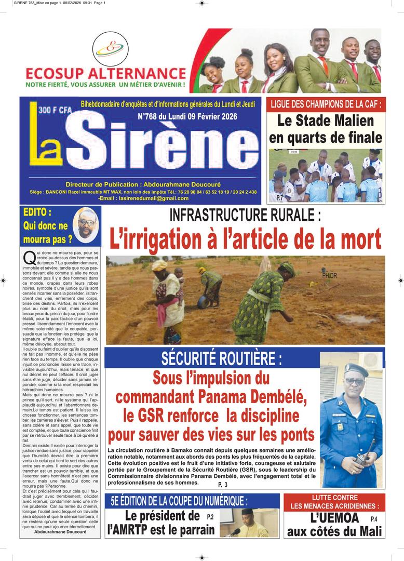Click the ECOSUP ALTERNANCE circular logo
(x=109, y=49)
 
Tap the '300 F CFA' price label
(x=54, y=110)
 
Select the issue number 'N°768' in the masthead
(x=150, y=117)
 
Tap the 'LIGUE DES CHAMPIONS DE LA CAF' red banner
(x=326, y=104)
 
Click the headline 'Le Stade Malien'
(x=326, y=121)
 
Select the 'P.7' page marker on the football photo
(x=279, y=197)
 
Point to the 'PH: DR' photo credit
(x=329, y=275)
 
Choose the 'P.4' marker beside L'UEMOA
(x=374, y=519)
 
